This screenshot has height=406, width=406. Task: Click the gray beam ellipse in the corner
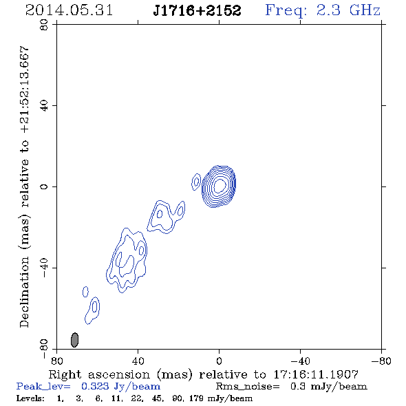tap(74, 340)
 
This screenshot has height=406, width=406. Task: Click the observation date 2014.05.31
tap(69, 10)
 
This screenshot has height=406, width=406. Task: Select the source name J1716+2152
tap(197, 10)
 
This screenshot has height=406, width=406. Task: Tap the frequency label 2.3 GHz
tap(348, 10)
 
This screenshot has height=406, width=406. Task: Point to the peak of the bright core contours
tap(219, 185)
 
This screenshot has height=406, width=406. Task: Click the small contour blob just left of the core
tap(196, 182)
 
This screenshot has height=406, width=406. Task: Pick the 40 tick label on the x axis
tap(138, 361)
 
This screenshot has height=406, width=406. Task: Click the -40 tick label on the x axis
tap(300, 361)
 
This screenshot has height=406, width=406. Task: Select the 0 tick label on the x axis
tap(219, 361)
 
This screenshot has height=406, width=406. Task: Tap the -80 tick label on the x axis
tap(381, 361)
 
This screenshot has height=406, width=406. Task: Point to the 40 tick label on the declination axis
tap(44, 106)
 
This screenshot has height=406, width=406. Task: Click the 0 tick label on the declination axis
tap(44, 186)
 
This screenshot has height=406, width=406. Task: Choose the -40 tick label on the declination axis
tap(44, 268)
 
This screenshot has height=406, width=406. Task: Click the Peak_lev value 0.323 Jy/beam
tap(120, 386)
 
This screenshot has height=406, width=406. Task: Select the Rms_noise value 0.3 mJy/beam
tap(328, 386)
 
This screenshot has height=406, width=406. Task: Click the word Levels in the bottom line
tap(30, 398)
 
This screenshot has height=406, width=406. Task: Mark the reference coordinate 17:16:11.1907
tap(316, 374)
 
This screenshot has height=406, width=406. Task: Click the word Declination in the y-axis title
tap(24, 292)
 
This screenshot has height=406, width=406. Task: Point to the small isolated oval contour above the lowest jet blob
tap(85, 292)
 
